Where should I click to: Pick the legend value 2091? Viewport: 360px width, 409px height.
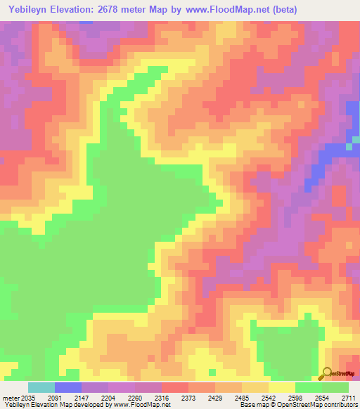pos(63,398)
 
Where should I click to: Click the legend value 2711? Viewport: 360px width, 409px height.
pos(349,398)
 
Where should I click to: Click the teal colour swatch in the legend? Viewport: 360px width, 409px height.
pos(41,387)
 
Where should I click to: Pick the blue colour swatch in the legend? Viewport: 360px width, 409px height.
pos(68,387)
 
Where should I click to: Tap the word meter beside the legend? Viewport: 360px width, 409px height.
pos(10,398)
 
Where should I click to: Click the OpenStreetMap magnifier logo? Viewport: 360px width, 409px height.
pos(326,373)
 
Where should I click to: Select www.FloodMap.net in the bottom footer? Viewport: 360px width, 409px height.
pos(143,405)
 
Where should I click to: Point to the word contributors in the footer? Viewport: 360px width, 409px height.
pos(340,405)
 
